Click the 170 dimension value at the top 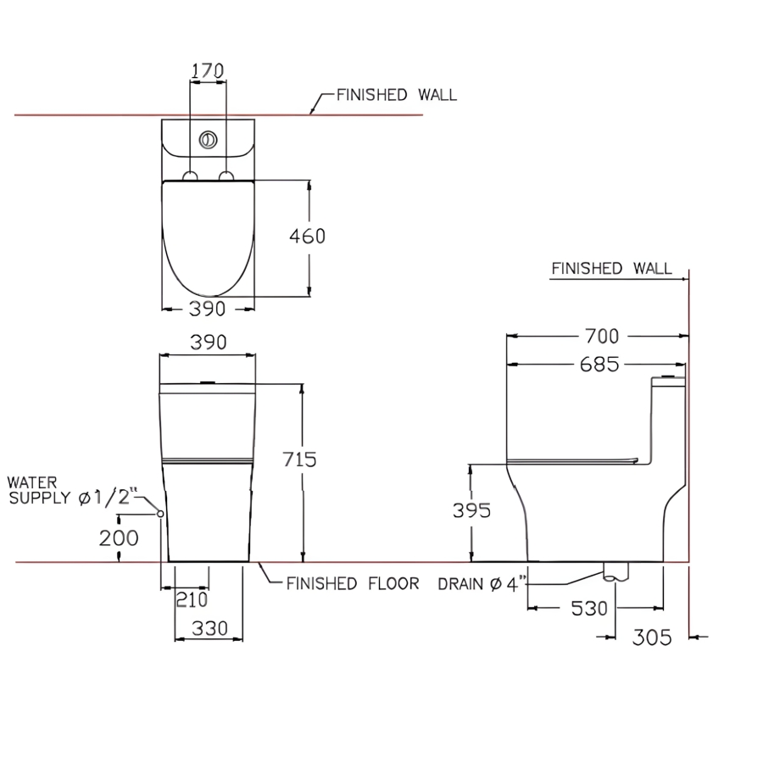pos(208,71)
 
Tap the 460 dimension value pos(307,236)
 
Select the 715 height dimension pos(300,459)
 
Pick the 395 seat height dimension pos(472,510)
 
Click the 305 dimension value pos(652,636)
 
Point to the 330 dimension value pos(209,628)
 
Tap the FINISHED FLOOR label pos(353,583)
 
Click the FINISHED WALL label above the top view pos(396,95)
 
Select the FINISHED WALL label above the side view pos(611,269)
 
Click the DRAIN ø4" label pos(482,584)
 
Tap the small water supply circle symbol pos(159,515)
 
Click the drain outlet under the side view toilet pos(616,572)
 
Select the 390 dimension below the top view pos(208,309)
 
